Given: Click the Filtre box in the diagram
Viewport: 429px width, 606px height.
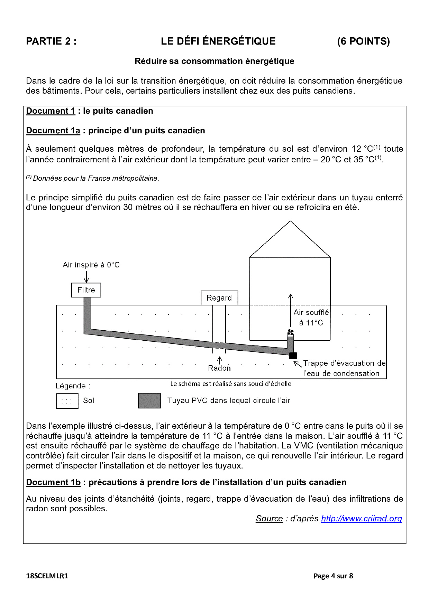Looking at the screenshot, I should point(86,290).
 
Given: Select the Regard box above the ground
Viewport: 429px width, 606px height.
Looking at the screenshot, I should point(219,298).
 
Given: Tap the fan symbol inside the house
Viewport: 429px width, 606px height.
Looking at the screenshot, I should point(291,332).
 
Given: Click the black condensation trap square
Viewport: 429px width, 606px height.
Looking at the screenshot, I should point(293,356).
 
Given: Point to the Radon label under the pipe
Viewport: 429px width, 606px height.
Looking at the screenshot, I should point(219,368).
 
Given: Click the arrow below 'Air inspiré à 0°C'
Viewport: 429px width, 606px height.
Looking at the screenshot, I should point(86,276).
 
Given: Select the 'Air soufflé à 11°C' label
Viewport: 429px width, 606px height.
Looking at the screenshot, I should point(311,318).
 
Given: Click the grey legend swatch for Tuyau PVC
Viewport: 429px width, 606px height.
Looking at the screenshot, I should point(149,401).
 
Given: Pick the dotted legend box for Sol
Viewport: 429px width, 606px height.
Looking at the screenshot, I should point(67,401).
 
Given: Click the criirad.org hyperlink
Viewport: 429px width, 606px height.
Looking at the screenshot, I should point(362,519).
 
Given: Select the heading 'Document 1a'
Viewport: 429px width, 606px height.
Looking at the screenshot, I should point(53,131).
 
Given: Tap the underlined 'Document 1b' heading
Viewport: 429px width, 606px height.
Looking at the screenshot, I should point(53,482).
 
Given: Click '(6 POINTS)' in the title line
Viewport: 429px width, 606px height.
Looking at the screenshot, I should point(363,41).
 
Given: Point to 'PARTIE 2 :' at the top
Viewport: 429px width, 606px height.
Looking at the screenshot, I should point(51,41).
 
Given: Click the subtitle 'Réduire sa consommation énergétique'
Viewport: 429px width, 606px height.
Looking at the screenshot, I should point(214,61).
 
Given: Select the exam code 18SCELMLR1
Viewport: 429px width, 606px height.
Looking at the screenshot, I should point(47,576).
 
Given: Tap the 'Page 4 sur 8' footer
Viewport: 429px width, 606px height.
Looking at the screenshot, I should point(333,576).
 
